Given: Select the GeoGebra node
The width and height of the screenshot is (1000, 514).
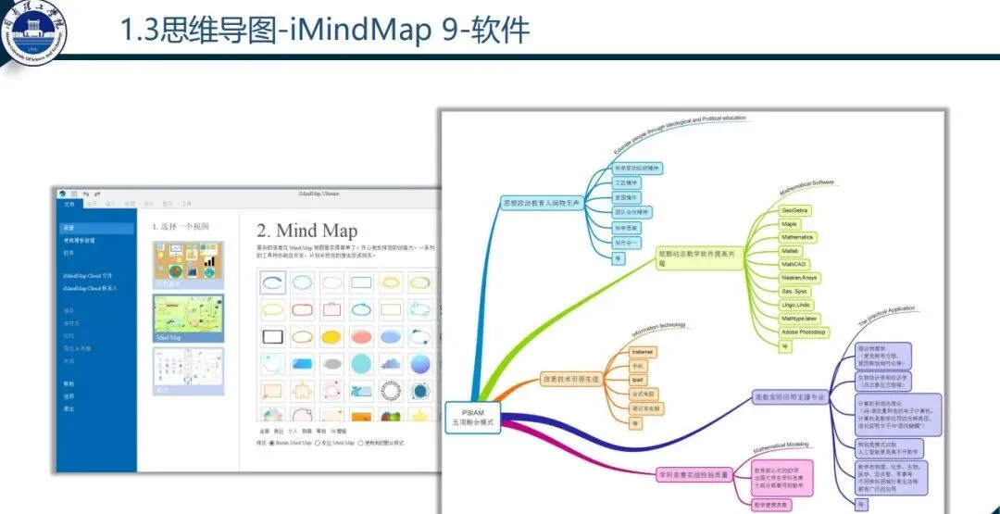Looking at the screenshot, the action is click(x=795, y=210).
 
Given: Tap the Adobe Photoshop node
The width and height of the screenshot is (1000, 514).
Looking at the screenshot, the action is click(x=803, y=332).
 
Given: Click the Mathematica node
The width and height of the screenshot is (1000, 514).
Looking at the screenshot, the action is click(x=796, y=237).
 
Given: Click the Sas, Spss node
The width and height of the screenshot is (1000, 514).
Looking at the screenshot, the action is click(x=794, y=291).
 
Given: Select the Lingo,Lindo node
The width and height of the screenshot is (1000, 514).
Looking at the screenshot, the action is click(x=796, y=305).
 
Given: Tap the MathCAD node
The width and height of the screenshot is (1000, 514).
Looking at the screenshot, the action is click(x=794, y=264).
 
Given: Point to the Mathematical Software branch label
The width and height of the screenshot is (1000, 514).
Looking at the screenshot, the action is click(x=806, y=187).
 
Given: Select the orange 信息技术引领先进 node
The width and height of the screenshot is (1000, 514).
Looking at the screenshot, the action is click(x=570, y=380).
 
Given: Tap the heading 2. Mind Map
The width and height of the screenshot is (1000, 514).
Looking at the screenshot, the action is click(x=306, y=229).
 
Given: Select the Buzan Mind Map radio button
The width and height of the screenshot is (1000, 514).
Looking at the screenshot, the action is click(x=272, y=444).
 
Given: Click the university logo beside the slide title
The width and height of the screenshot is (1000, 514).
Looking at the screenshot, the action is click(x=37, y=29).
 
